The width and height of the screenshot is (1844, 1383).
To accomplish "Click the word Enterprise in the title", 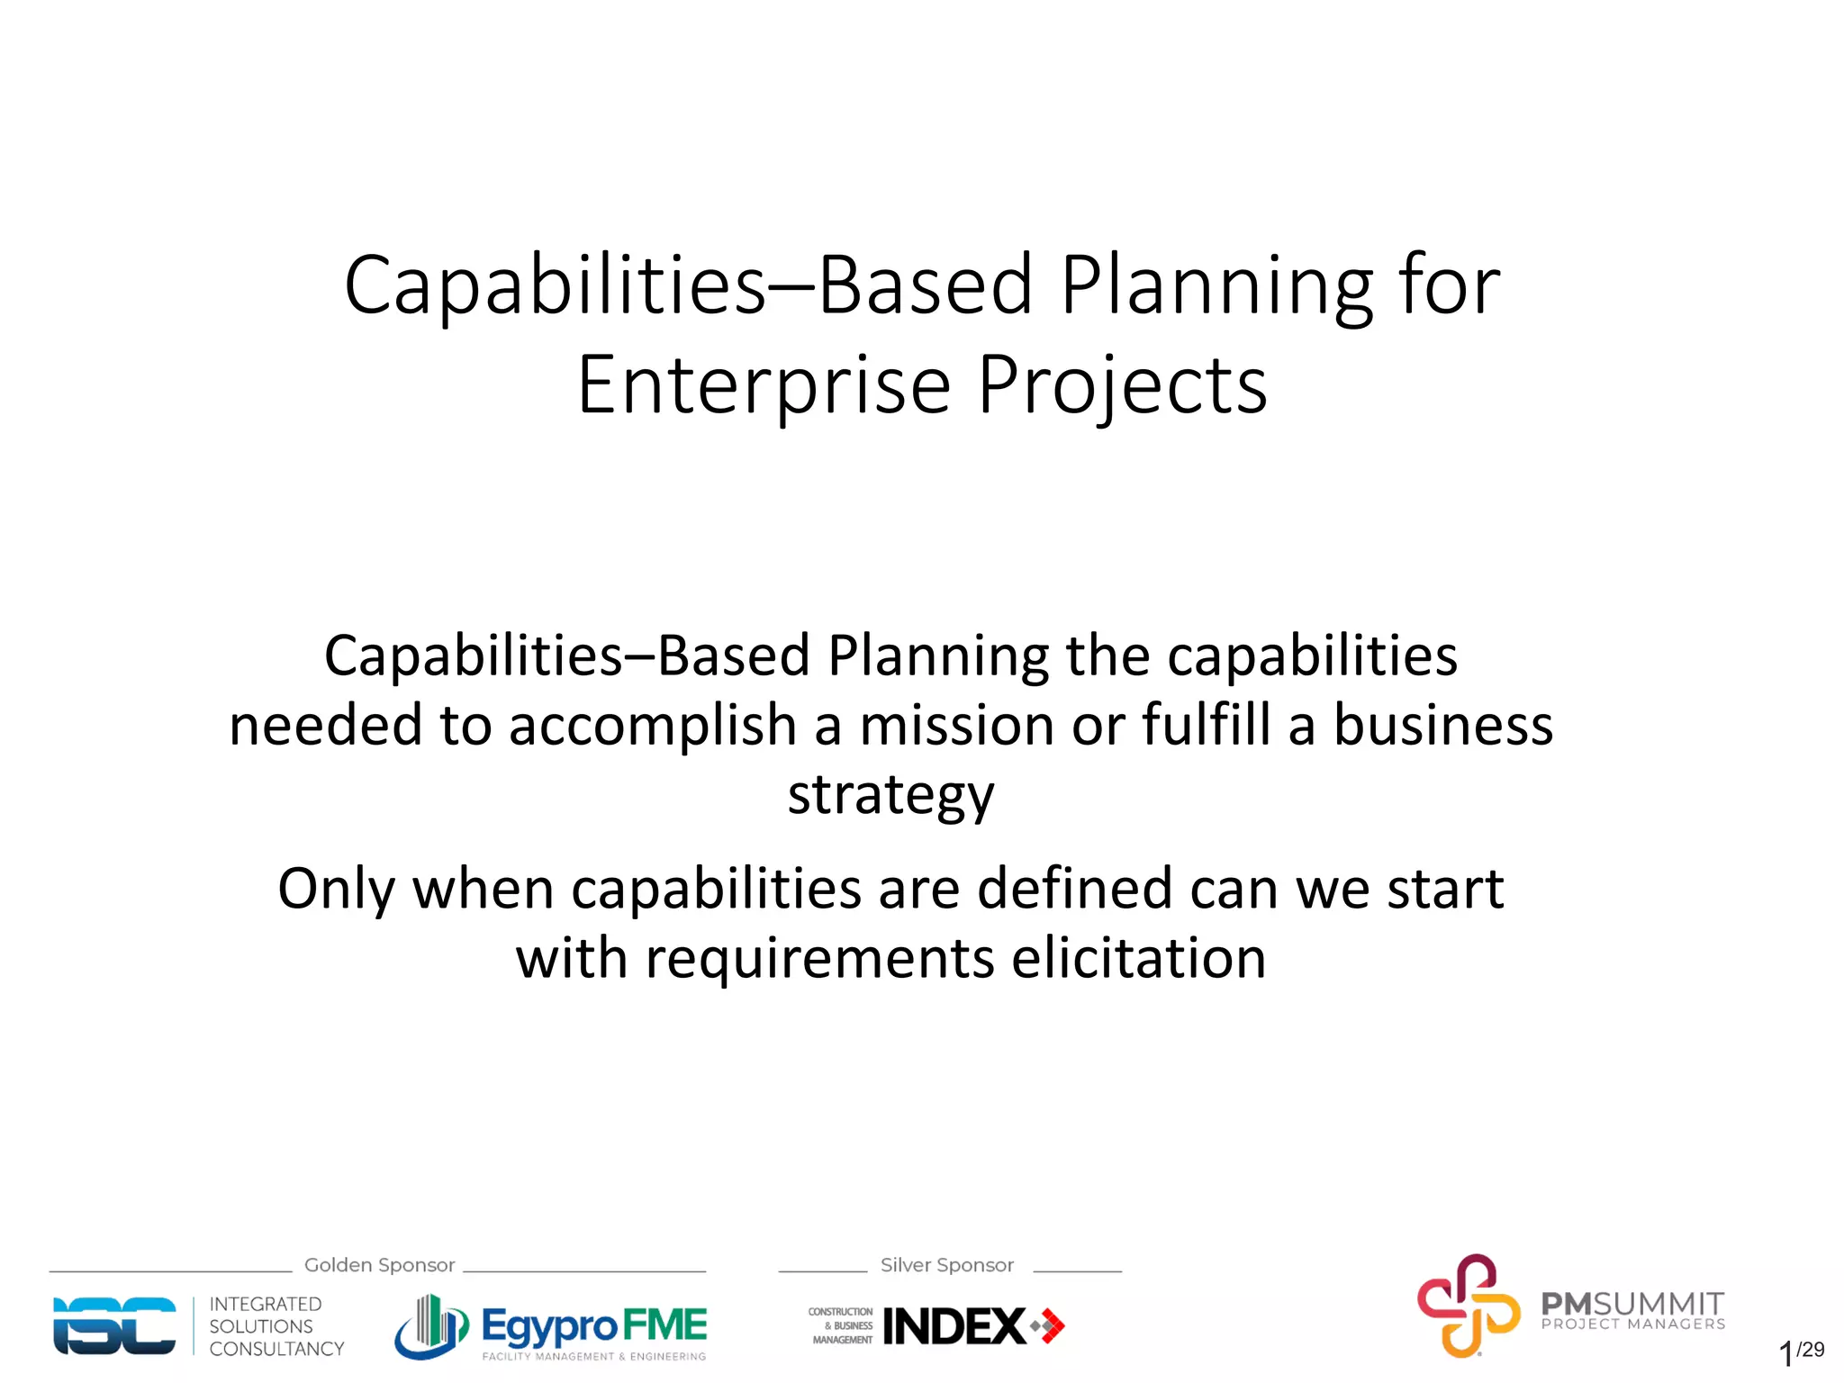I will [x=764, y=385].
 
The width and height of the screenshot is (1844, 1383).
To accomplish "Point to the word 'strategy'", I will [x=890, y=796].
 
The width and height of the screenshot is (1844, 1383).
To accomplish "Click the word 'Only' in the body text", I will [x=336, y=889].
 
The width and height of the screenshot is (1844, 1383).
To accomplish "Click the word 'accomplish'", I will [x=653, y=726].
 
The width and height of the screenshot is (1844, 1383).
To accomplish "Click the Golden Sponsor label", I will [x=379, y=1265].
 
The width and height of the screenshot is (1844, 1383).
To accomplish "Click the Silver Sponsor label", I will [x=946, y=1265].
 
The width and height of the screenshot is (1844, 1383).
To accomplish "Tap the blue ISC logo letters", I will [x=114, y=1325].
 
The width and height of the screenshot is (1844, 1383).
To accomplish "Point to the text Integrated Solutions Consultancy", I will [x=276, y=1326].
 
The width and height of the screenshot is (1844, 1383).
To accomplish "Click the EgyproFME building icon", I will [x=431, y=1326].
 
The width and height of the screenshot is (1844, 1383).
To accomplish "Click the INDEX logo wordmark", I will [x=954, y=1326].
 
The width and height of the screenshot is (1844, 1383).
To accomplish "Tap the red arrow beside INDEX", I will [x=1050, y=1326].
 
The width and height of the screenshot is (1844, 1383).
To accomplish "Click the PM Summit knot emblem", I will [x=1468, y=1305].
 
